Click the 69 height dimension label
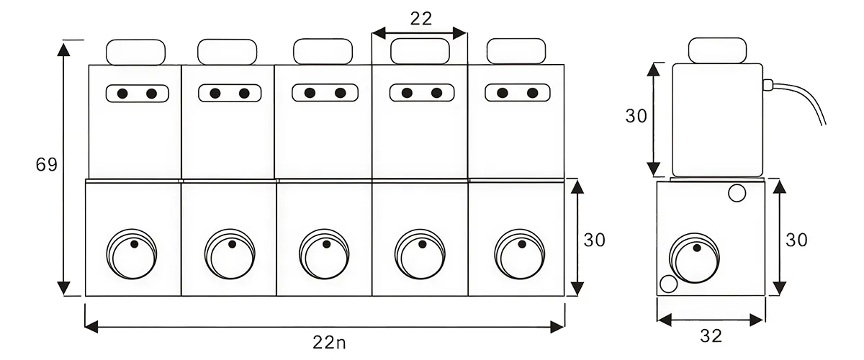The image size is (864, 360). pos(46,165)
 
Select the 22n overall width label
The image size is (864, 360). pos(324,343)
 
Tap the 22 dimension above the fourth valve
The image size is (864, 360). pos(421,19)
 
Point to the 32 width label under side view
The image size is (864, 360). pos(710,336)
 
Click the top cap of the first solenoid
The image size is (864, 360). pos(136,52)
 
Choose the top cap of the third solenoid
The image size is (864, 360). pos(323,51)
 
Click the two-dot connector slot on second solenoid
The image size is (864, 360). pos(229,93)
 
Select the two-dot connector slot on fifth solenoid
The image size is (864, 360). pos(517,93)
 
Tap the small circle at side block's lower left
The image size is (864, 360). pos(668,284)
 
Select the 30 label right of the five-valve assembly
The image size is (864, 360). pos(595,240)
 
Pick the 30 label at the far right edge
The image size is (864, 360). pos(796,240)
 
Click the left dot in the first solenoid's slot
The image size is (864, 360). pos(122,94)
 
